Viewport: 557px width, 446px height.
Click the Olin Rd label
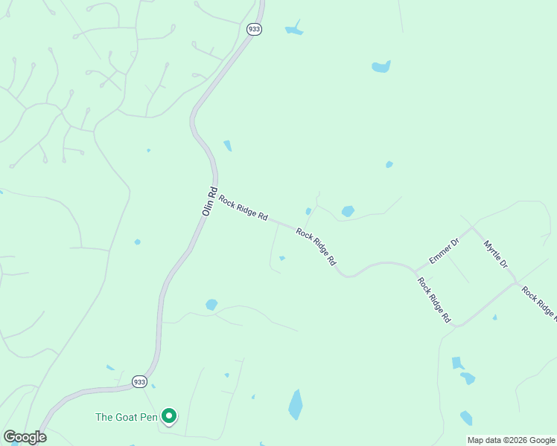pyautogui.click(x=209, y=201)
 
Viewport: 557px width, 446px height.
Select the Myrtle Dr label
pyautogui.click(x=495, y=253)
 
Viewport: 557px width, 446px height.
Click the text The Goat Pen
pyautogui.click(x=127, y=417)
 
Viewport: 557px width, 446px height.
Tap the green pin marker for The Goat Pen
pyautogui.click(x=169, y=416)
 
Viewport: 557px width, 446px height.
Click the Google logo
pyautogui.click(x=25, y=437)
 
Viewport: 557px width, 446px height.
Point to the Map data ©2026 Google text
pyautogui.click(x=511, y=440)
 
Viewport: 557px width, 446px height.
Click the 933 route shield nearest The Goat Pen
pyautogui.click(x=139, y=381)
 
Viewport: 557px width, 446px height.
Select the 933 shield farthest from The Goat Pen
pyautogui.click(x=253, y=28)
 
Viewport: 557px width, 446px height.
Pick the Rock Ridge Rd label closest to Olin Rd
pyautogui.click(x=243, y=207)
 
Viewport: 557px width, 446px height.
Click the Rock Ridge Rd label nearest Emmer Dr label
pyautogui.click(x=434, y=300)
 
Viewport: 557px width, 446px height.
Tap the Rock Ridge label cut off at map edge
pyautogui.click(x=539, y=302)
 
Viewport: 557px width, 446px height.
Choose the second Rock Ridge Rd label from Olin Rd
pyautogui.click(x=316, y=247)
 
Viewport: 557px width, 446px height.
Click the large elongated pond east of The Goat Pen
pyautogui.click(x=296, y=404)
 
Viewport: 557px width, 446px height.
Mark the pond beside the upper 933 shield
pyautogui.click(x=294, y=30)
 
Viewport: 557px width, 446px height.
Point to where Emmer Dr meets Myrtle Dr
pyautogui.click(x=472, y=227)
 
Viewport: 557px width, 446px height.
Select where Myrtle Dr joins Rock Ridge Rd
pyautogui.click(x=516, y=282)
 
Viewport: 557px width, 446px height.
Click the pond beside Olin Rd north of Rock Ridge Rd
pyautogui.click(x=227, y=146)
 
